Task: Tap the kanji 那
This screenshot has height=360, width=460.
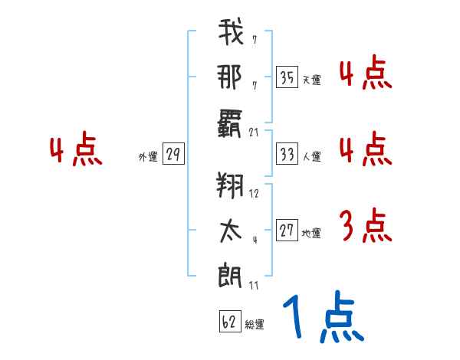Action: tap(230, 77)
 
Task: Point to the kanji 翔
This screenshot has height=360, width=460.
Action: tap(230, 187)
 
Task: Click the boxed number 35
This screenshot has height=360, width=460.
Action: tap(287, 77)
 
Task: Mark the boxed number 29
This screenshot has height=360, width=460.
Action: tap(173, 155)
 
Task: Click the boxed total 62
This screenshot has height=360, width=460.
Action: tap(228, 322)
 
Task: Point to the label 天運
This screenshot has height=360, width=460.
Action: tap(311, 80)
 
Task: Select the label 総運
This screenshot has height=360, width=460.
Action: tap(255, 325)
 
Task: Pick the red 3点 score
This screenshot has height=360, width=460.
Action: tap(365, 227)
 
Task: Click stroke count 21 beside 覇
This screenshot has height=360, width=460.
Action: tap(255, 132)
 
